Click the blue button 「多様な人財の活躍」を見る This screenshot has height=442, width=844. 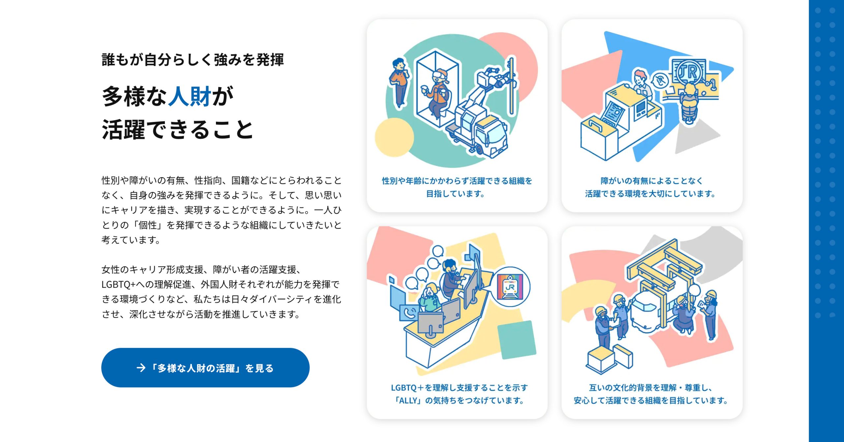point(205,367)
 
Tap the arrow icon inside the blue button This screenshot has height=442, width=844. point(141,368)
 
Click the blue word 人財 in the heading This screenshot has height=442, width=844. point(190,96)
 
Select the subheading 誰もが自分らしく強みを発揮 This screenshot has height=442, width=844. point(193,60)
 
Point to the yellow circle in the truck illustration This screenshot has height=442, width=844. point(394,137)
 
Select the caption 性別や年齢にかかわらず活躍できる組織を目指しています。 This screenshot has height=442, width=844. point(457,187)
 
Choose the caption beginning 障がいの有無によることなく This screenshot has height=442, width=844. point(651,187)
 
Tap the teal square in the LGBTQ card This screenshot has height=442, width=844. point(517,340)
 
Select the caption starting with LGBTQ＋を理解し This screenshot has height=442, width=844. point(459,394)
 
